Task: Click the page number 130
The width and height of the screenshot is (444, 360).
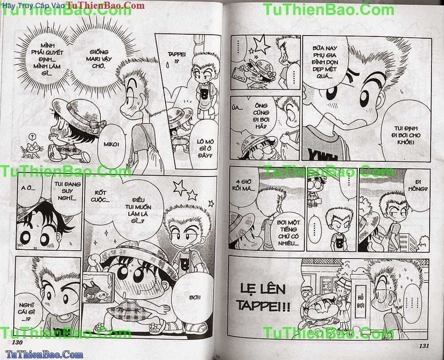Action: [x=17, y=342]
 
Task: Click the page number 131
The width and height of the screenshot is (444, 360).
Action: [x=424, y=345]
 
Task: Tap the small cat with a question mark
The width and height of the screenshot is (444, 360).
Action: [x=31, y=148]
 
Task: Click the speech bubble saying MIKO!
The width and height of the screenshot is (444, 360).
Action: [x=111, y=144]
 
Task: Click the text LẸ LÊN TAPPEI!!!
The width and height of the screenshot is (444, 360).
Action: [x=263, y=297]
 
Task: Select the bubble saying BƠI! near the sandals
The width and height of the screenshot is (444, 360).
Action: [x=194, y=298]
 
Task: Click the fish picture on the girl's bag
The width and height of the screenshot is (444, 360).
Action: [x=95, y=288]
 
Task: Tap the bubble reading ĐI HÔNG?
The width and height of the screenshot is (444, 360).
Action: [x=417, y=185]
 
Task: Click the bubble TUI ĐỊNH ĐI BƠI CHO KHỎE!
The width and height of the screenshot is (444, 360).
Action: [x=405, y=135]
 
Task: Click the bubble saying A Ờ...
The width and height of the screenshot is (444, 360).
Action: [x=28, y=188]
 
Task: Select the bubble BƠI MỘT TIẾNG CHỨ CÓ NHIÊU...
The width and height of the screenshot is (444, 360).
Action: [x=289, y=233]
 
